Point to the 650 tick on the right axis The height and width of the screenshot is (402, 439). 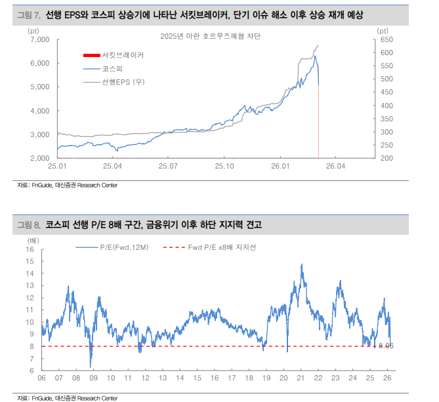pos(385,39)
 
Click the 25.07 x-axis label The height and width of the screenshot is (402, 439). pos(168,167)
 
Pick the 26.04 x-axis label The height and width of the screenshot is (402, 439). pos(336,167)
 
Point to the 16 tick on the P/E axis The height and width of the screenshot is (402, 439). pos(30,250)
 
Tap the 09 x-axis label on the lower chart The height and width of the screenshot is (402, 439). pos(93,378)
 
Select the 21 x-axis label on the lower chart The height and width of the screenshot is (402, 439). pos(300,378)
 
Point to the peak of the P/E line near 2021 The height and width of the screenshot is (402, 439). pos(301,264)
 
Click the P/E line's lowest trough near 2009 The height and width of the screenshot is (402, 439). pos(91,367)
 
